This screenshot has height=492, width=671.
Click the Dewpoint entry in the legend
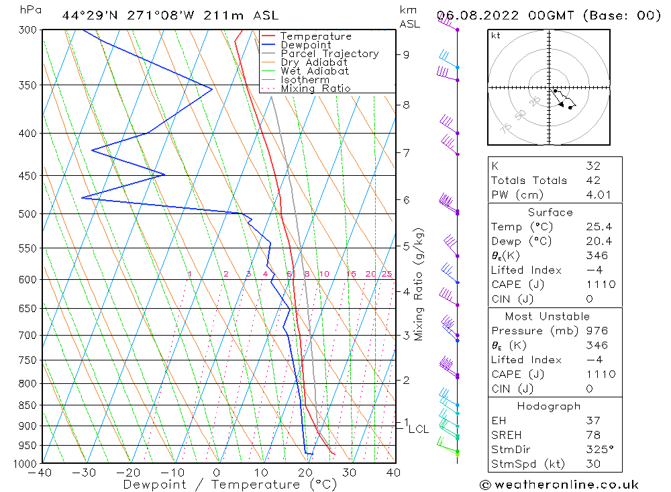(x=305, y=45)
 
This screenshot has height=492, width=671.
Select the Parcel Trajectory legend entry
(x=329, y=54)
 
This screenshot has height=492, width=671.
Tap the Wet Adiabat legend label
(x=315, y=71)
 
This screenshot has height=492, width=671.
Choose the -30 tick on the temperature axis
(x=85, y=473)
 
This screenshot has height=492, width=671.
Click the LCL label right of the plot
(x=419, y=429)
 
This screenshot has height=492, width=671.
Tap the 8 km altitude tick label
(x=407, y=105)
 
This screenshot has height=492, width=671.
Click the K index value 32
(x=593, y=166)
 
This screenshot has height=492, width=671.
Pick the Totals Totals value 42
(x=593, y=181)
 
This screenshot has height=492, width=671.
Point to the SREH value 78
(x=593, y=436)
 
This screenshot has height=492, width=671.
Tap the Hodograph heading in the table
(x=550, y=406)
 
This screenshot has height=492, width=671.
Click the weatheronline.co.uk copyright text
(x=559, y=485)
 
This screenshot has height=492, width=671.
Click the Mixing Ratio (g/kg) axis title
(x=419, y=284)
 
